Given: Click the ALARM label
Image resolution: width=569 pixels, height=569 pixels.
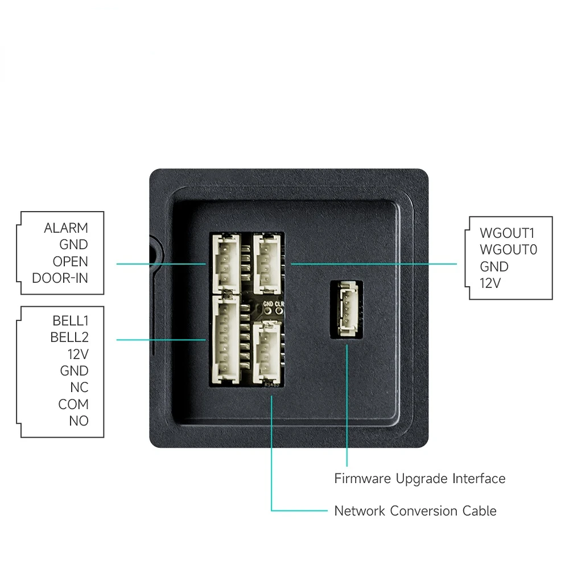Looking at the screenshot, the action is pyautogui.click(x=65, y=228).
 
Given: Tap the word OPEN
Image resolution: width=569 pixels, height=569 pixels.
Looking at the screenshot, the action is pyautogui.click(x=70, y=261).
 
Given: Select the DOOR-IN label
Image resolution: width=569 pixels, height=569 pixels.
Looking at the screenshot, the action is pyautogui.click(x=60, y=278).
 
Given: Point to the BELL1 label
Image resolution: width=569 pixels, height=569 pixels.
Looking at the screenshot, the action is pyautogui.click(x=71, y=321).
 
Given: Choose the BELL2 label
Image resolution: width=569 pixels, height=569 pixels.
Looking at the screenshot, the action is pyautogui.click(x=69, y=337).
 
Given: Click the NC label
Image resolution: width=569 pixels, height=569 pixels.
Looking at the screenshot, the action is pyautogui.click(x=79, y=387).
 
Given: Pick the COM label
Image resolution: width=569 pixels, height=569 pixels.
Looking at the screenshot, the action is pyautogui.click(x=73, y=404).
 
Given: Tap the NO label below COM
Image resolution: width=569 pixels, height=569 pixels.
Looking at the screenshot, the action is pyautogui.click(x=79, y=421).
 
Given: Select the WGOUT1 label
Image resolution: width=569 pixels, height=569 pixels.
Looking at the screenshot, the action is pyautogui.click(x=507, y=233).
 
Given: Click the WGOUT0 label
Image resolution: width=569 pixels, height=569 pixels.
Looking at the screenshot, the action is pyautogui.click(x=508, y=250).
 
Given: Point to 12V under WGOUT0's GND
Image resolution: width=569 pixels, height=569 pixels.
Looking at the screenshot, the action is pyautogui.click(x=490, y=283).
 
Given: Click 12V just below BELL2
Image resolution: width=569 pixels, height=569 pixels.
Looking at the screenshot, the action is pyautogui.click(x=78, y=354).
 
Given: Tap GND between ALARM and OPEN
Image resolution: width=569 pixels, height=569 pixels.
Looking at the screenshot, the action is pyautogui.click(x=73, y=245).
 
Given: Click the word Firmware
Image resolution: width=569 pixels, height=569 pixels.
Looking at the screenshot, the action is pyautogui.click(x=362, y=479).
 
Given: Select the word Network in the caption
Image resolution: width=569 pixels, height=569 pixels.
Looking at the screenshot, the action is pyautogui.click(x=360, y=511).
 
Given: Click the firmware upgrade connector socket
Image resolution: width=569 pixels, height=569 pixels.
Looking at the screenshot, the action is pyautogui.click(x=347, y=309).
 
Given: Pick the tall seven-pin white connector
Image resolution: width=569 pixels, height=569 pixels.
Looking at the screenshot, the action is pyautogui.click(x=226, y=339).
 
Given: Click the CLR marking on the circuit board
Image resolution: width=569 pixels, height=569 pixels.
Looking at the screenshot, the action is pyautogui.click(x=279, y=304).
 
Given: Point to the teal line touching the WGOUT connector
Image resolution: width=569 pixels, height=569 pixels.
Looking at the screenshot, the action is pyautogui.click(x=374, y=264).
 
